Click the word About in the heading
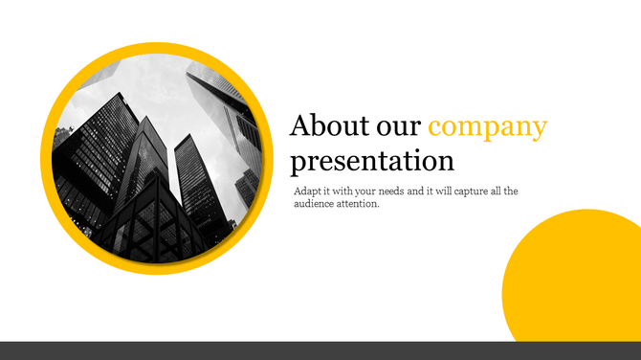(x=324, y=126)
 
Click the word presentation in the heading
(x=372, y=160)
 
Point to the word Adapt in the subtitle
(x=308, y=191)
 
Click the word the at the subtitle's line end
(x=512, y=191)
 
